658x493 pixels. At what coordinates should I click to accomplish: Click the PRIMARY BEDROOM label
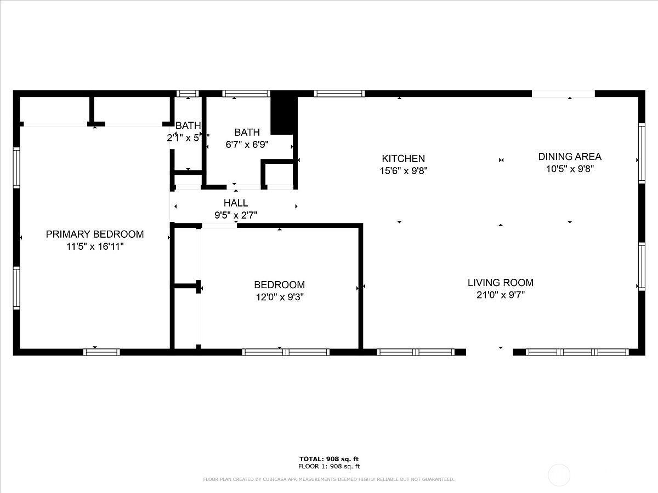tap(94, 234)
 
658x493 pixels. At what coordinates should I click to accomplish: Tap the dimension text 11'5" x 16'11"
tap(94, 247)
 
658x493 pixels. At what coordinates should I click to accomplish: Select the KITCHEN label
tap(404, 159)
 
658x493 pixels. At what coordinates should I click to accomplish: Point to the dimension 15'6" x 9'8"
tap(404, 171)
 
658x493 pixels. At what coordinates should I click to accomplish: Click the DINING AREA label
tap(570, 157)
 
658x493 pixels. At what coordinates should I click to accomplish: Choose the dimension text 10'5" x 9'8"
tap(570, 169)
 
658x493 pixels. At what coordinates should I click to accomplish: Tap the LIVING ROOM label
tap(500, 283)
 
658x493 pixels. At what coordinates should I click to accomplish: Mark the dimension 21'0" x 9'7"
tap(500, 295)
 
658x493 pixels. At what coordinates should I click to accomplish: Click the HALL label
tap(235, 203)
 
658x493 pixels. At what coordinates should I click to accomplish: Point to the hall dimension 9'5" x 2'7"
tap(235, 215)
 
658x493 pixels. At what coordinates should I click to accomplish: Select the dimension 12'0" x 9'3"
tap(279, 297)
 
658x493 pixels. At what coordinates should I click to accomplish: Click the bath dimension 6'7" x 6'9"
tap(247, 145)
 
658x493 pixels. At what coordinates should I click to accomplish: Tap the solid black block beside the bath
tap(283, 115)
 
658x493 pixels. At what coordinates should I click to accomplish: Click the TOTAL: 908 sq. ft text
tap(329, 459)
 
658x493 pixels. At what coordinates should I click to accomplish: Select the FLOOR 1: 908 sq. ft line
tap(329, 467)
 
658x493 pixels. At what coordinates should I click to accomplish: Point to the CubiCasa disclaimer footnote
tap(329, 479)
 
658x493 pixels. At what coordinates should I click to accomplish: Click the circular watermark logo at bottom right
tap(559, 474)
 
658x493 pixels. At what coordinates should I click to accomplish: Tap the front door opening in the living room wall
tap(489, 352)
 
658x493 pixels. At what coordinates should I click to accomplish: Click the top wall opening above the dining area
tap(563, 94)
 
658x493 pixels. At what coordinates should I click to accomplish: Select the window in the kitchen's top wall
tap(339, 94)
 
